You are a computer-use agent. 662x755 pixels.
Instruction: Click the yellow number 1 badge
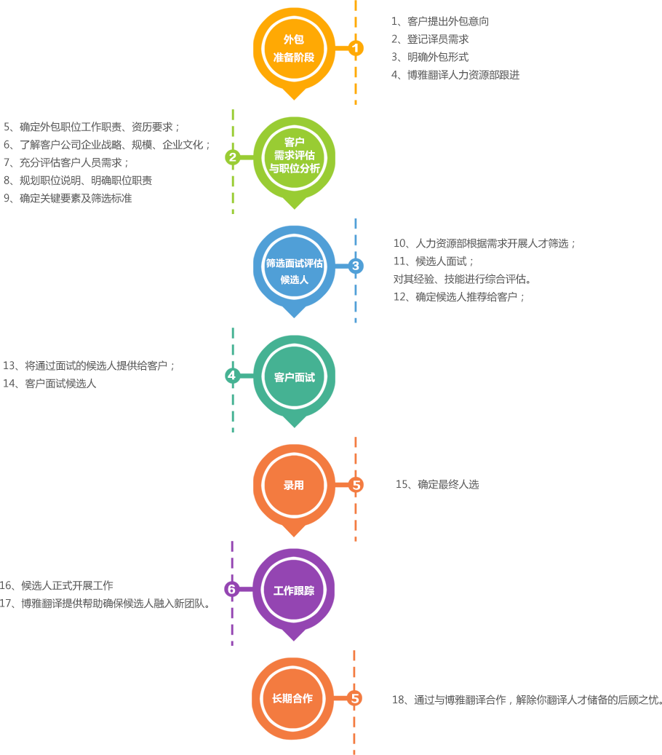[x=355, y=48]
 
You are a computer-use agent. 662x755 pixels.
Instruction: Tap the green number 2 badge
[x=233, y=157]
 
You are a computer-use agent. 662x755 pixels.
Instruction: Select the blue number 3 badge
[x=355, y=266]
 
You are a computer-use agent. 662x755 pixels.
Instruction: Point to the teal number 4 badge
[x=232, y=376]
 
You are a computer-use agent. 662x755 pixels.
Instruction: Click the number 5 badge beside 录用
[x=356, y=485]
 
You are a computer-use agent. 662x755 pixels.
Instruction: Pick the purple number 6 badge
[x=232, y=589]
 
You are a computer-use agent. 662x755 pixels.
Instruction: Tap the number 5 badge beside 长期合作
[x=355, y=699]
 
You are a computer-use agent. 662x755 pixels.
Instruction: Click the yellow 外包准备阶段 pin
[x=294, y=48]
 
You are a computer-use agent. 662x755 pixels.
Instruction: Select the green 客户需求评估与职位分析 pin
[x=294, y=156]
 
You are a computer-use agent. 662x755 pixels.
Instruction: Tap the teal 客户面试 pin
[x=294, y=377]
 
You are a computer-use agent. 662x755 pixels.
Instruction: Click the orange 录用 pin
[x=294, y=486]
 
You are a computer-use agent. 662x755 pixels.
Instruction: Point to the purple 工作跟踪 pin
[x=294, y=590]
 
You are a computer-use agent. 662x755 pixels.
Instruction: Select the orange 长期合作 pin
[x=292, y=699]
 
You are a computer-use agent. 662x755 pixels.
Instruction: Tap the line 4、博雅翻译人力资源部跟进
[x=455, y=75]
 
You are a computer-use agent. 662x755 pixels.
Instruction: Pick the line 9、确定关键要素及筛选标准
[x=68, y=198]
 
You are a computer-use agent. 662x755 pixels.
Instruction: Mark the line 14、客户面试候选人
[x=49, y=384]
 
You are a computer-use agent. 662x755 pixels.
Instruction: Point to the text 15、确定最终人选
[x=436, y=485]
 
